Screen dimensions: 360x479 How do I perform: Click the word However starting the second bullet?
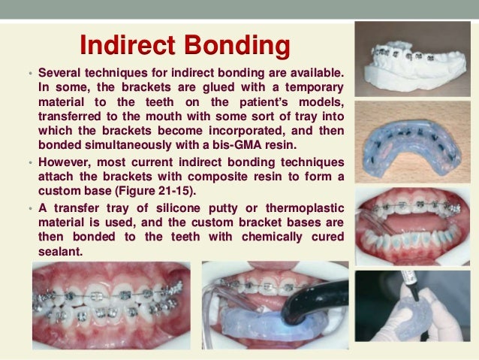(65, 162)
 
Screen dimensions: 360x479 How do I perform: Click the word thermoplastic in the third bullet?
(306, 207)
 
